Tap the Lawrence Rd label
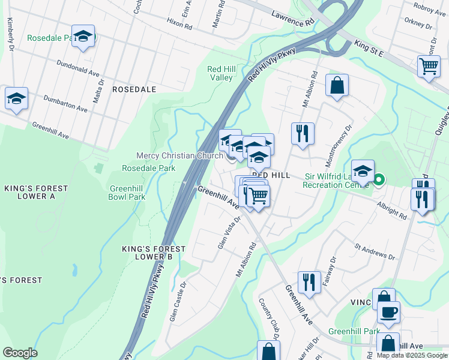pyautogui.click(x=293, y=18)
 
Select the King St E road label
pyautogui.click(x=369, y=49)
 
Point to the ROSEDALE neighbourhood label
pyautogui.click(x=134, y=89)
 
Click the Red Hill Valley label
pyautogui.click(x=220, y=74)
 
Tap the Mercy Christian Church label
pyautogui.click(x=179, y=156)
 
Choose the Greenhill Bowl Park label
pyautogui.click(x=127, y=192)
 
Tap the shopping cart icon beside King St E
pyautogui.click(x=429, y=67)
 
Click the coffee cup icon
pyautogui.click(x=388, y=312)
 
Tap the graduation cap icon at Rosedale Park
pyautogui.click(x=83, y=35)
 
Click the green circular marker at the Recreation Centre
pyautogui.click(x=379, y=179)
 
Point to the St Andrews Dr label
pyautogui.click(x=375, y=251)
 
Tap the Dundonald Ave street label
pyautogui.click(x=78, y=68)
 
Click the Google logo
pyautogui.click(x=20, y=353)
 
